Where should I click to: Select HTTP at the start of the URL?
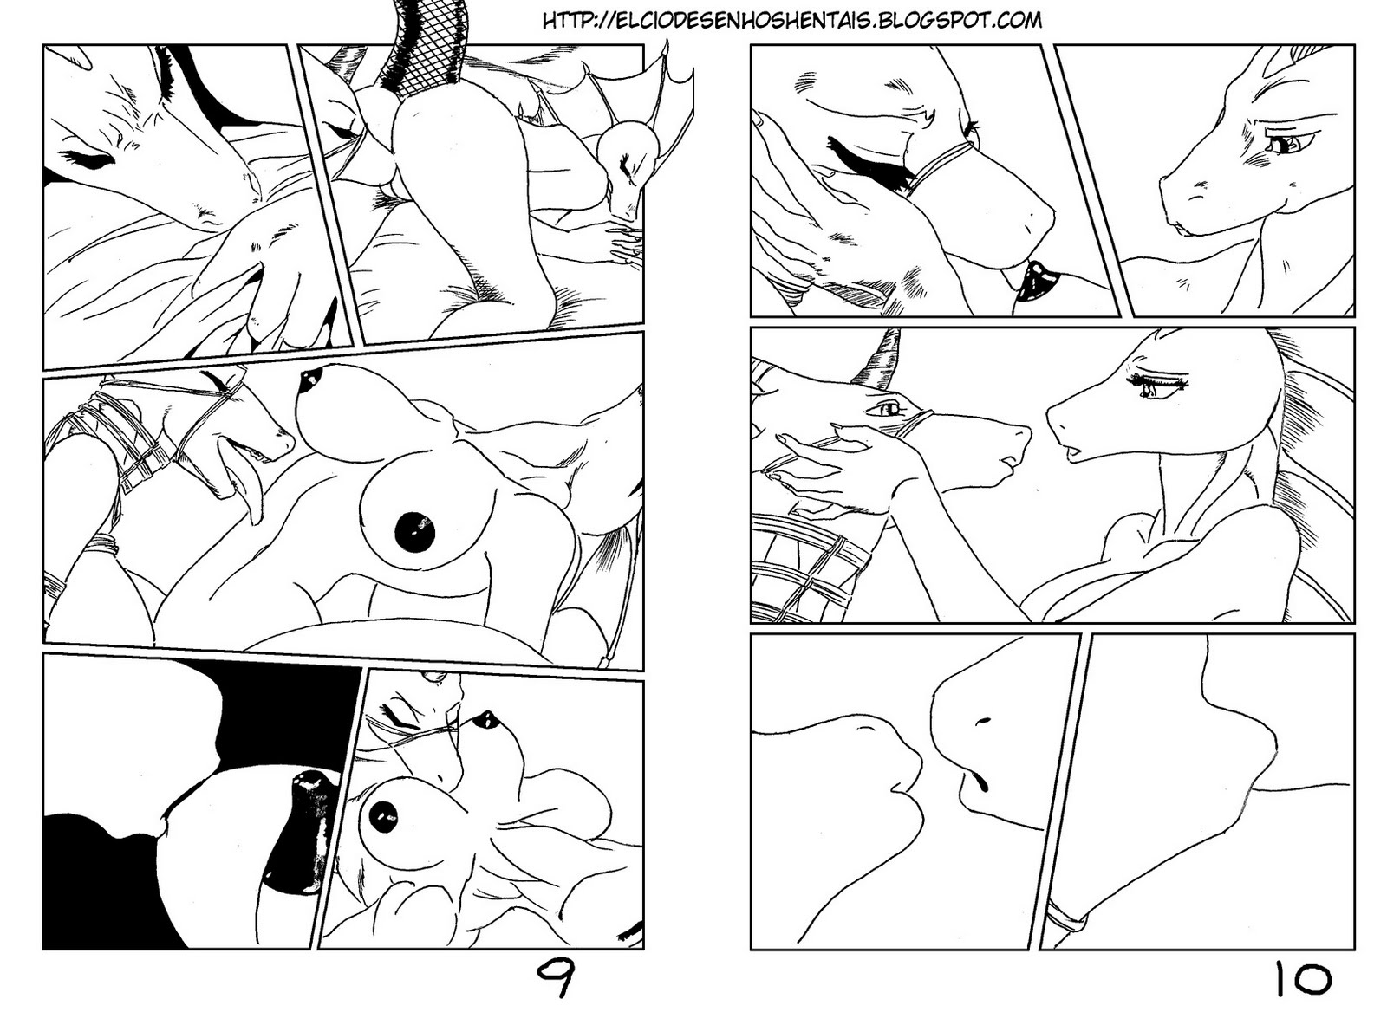point(564,21)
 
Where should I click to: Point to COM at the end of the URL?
point(1018,21)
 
